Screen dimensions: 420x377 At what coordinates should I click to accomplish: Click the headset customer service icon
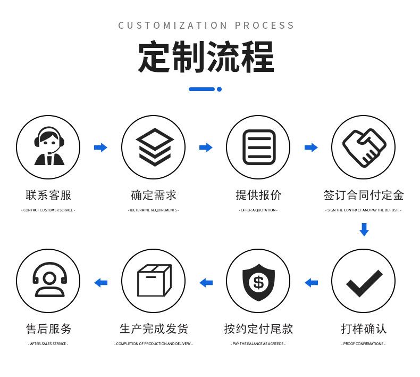[48, 147]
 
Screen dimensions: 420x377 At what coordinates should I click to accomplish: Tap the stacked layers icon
[154, 147]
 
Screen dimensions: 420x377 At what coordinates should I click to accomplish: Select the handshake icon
[364, 147]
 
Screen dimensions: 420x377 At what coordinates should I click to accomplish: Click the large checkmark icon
[364, 282]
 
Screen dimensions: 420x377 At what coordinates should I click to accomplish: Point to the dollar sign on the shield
[258, 282]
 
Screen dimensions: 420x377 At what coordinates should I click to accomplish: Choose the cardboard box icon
[154, 281]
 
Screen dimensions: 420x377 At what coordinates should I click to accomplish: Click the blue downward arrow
[364, 230]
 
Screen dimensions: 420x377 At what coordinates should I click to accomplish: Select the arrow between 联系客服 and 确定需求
[100, 147]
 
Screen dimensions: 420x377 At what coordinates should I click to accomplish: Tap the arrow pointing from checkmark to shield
[311, 283]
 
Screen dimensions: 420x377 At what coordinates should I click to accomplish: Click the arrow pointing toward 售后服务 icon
[100, 283]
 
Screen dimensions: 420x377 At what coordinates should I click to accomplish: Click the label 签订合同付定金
[364, 195]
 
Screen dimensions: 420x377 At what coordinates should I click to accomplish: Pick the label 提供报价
[258, 195]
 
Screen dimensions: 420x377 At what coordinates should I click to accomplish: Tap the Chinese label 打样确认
[364, 329]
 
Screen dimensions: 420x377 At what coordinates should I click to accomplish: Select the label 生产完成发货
[154, 329]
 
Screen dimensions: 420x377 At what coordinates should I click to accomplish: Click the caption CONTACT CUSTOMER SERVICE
[48, 210]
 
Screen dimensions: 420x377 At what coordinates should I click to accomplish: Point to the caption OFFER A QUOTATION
[258, 210]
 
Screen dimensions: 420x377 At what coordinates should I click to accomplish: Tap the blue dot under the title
[219, 89]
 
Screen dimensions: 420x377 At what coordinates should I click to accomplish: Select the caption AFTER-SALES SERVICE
[48, 344]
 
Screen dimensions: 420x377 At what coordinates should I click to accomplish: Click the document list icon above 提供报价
[258, 147]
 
